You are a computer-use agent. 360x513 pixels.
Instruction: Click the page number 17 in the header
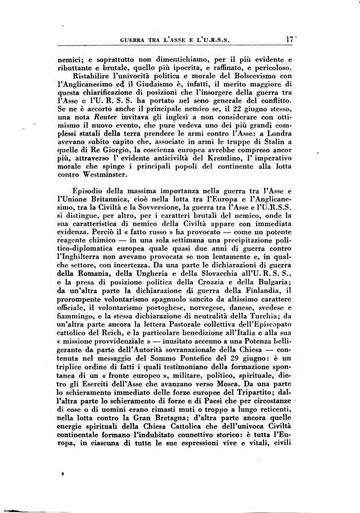289,40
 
